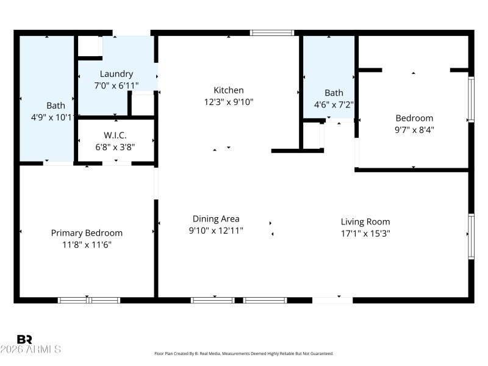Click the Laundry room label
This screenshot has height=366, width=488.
coord(116,74)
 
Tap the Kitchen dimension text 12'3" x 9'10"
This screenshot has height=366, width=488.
coord(228,102)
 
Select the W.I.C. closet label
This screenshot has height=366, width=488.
coord(115,135)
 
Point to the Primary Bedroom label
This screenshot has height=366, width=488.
coord(87,233)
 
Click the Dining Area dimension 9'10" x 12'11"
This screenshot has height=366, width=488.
coord(216,230)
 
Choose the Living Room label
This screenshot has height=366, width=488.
coord(365,221)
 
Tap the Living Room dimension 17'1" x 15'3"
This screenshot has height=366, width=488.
coord(365,233)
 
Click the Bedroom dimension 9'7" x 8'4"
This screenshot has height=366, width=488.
coord(414,129)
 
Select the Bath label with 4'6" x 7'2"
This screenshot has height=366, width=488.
coord(334,93)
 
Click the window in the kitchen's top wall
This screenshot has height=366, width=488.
coord(272,33)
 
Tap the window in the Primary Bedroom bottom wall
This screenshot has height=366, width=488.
coord(88,300)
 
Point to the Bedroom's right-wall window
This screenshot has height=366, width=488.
coord(470,99)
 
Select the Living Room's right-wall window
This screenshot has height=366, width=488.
coord(470,236)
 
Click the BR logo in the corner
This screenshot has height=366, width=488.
coord(25,339)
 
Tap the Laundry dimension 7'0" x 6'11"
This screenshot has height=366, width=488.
coord(116,85)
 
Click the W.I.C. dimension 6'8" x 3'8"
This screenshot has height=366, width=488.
coord(115,146)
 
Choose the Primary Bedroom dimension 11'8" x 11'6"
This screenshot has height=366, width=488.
coord(87,245)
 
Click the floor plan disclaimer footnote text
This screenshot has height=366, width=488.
coord(244,354)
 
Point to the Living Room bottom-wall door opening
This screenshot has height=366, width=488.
coord(332,300)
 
